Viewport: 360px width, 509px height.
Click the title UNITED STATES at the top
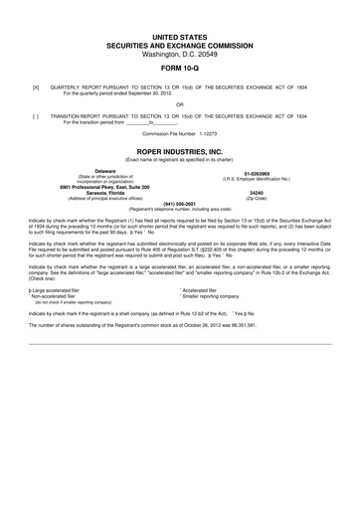pos(180,36)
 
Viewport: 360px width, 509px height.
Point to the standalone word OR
pos(180,104)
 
